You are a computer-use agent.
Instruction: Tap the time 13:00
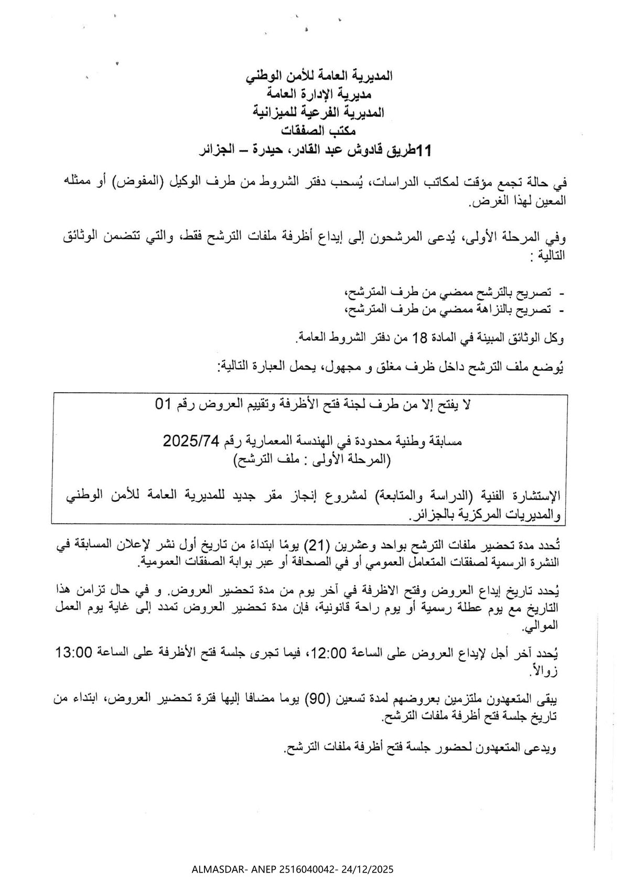[74, 653]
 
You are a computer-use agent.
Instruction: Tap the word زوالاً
[550, 670]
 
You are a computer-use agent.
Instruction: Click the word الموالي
[545, 625]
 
